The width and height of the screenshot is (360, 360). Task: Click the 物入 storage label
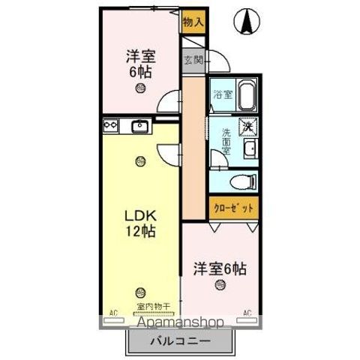pos(193,22)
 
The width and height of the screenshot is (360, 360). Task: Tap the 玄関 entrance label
pos(192,61)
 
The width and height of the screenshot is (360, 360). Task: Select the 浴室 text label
pos(222,95)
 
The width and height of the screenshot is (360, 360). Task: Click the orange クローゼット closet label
pos(232,207)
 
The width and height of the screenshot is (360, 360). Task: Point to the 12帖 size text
pos(139,232)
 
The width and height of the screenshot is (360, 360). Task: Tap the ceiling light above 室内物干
pos(140,292)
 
